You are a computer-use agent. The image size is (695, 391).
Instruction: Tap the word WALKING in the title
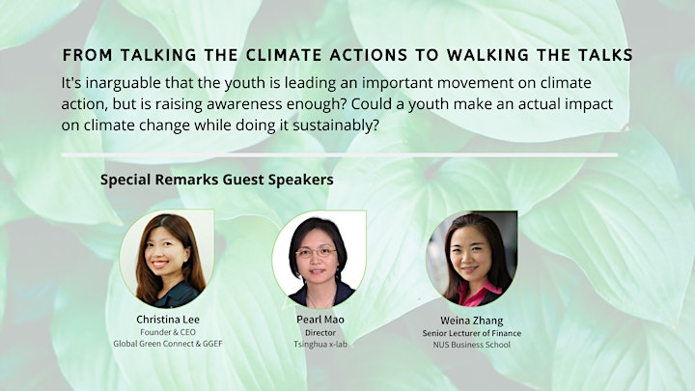(488, 55)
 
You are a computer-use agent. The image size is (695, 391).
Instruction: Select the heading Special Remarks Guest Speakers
(217, 180)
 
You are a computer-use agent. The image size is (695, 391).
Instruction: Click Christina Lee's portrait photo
(167, 259)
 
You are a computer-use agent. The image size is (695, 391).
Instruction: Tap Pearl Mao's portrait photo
(320, 259)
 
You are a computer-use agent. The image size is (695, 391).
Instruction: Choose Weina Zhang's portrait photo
(472, 259)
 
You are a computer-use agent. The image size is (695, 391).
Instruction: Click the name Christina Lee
(168, 320)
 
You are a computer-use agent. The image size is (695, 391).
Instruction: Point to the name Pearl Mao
(320, 320)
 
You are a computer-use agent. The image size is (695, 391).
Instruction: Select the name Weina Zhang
(472, 321)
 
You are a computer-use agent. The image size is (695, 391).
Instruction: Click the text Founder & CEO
(168, 332)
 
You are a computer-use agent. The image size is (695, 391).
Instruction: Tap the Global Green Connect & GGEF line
(168, 344)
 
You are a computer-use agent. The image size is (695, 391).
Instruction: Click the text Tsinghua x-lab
(320, 344)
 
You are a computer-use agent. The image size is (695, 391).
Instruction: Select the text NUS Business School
(472, 345)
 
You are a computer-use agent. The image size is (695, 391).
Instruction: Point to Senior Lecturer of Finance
(472, 333)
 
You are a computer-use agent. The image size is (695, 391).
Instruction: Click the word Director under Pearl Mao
(320, 332)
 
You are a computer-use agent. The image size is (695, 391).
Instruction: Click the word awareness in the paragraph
(244, 104)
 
